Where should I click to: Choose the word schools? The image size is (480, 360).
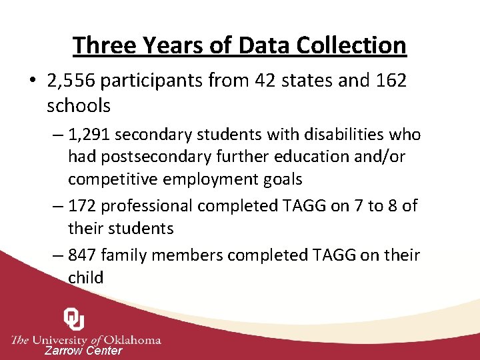click(x=79, y=105)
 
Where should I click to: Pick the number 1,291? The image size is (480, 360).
click(x=91, y=135)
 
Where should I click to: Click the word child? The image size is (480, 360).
click(x=85, y=277)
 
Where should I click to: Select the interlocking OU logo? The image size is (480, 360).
click(x=73, y=320)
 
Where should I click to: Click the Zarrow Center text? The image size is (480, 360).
click(x=83, y=351)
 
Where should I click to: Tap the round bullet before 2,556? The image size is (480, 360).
click(x=32, y=81)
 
